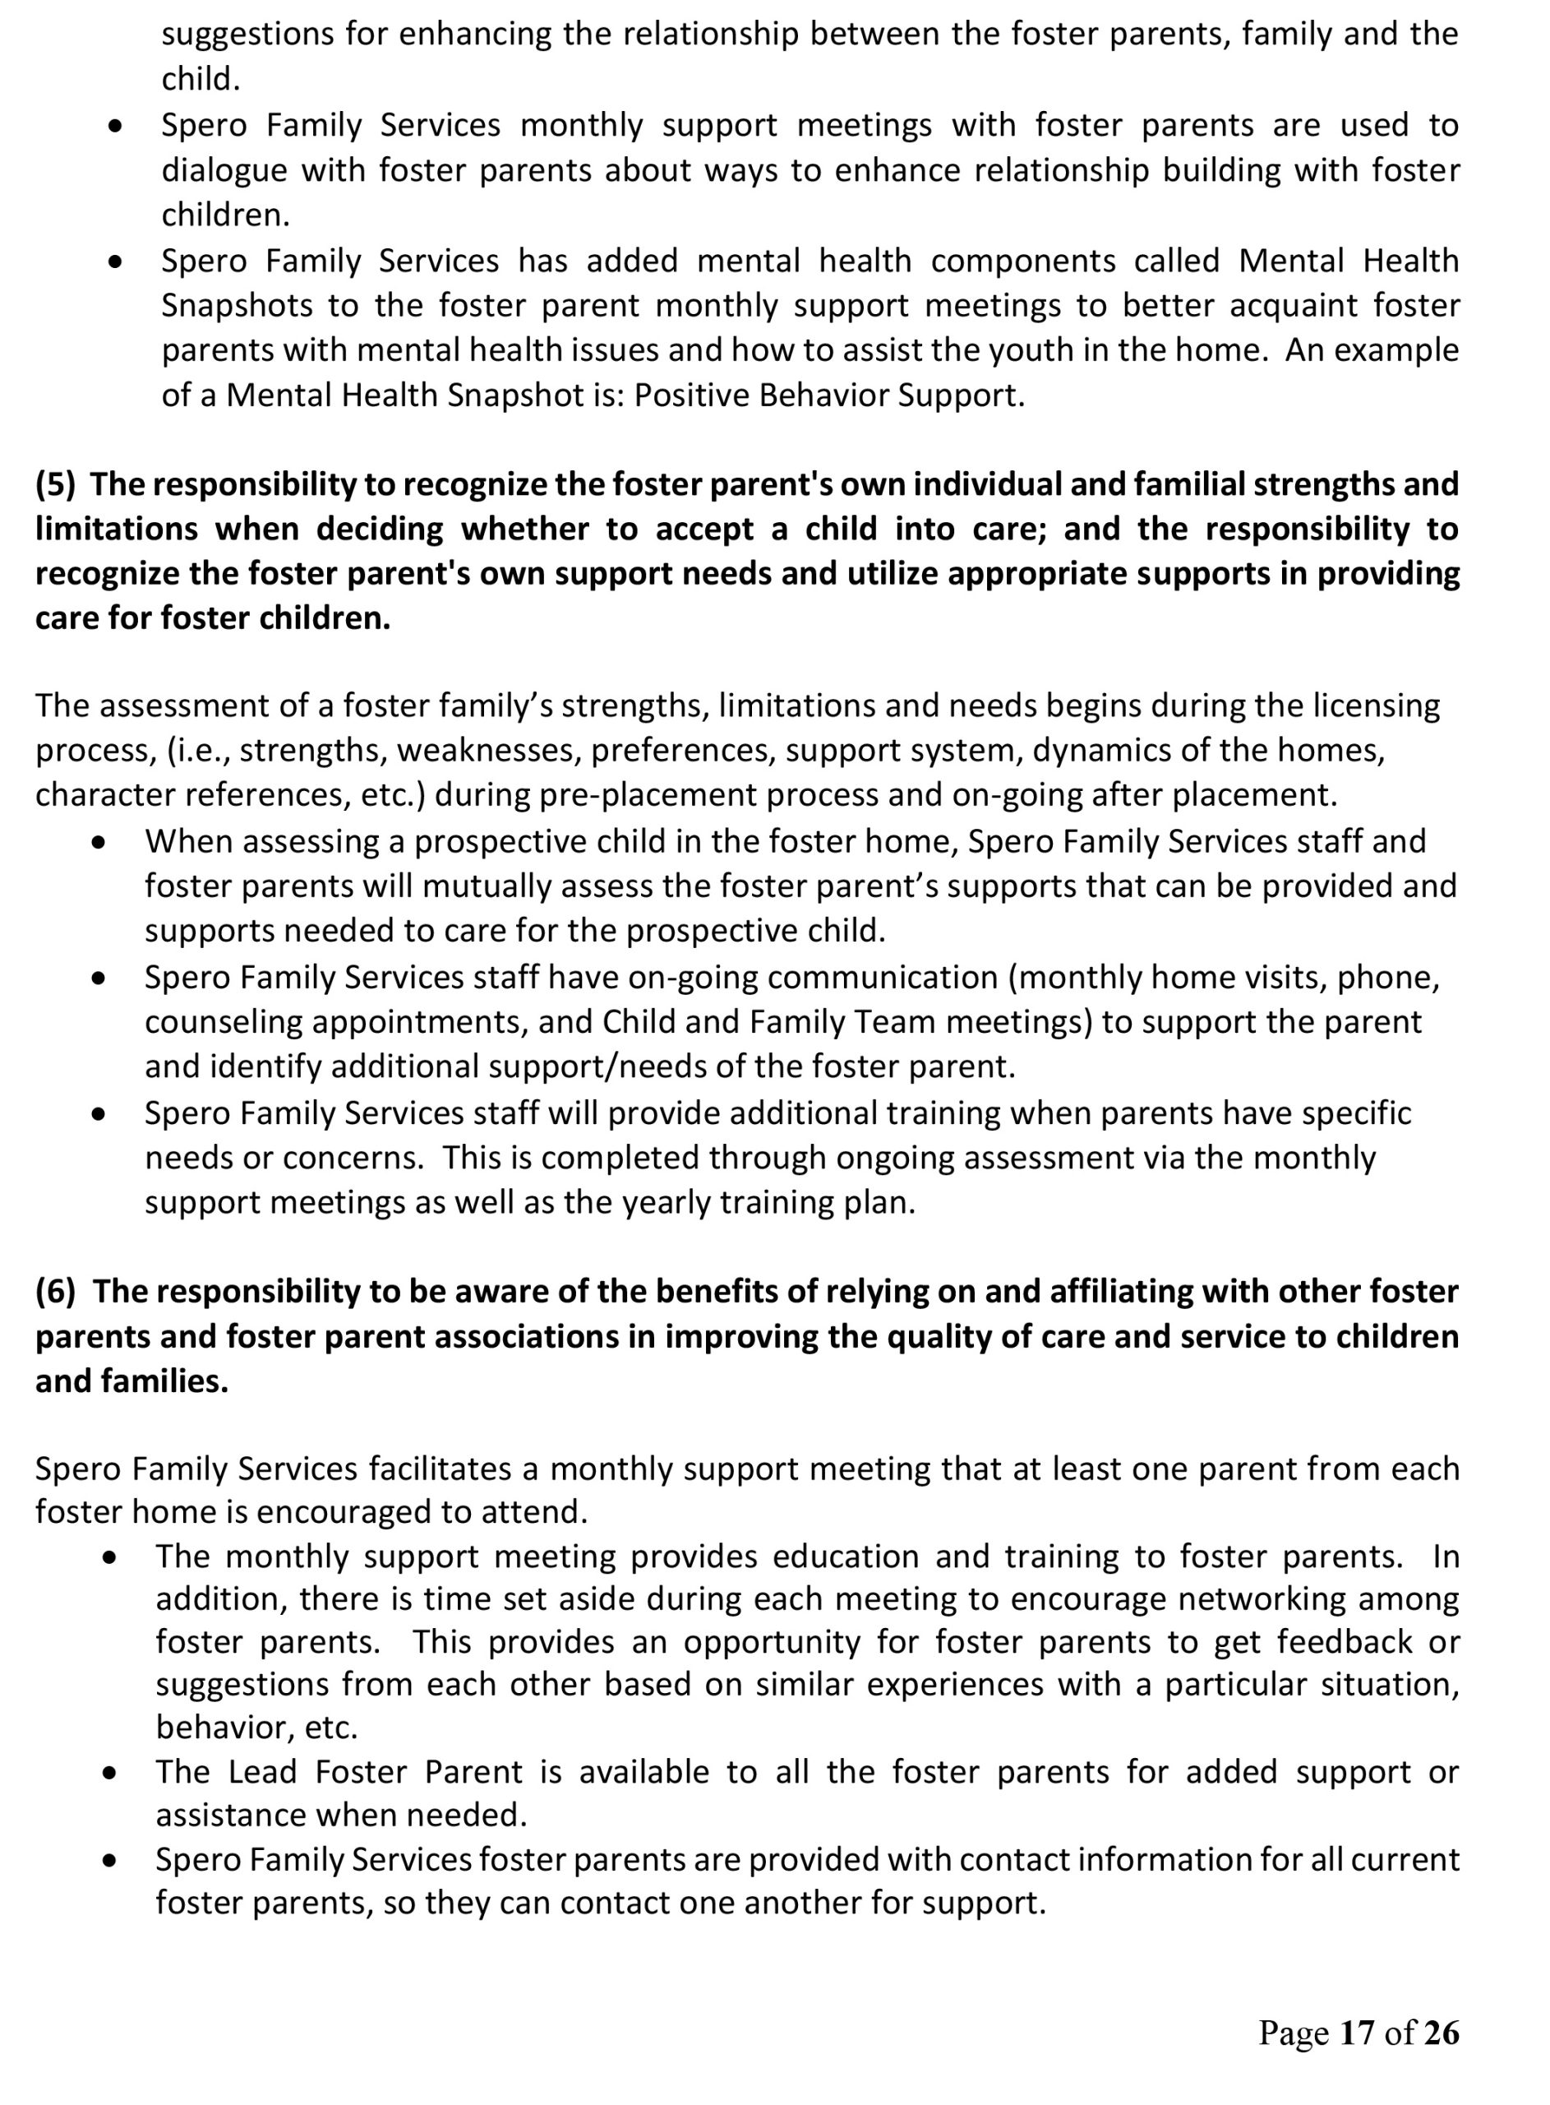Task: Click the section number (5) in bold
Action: click(x=55, y=484)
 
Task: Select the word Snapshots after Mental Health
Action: click(x=238, y=306)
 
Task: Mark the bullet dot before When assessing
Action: click(x=99, y=843)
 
